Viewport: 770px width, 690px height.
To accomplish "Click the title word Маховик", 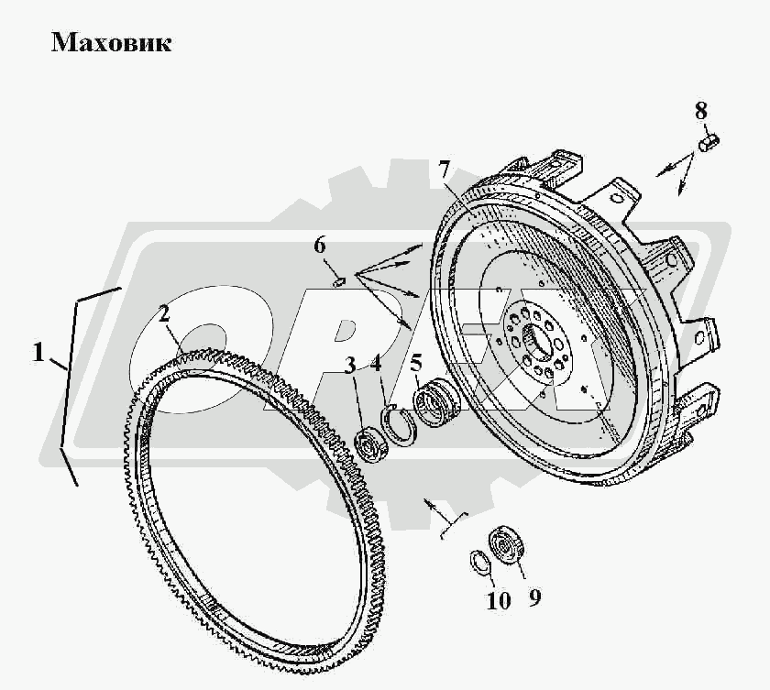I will [111, 42].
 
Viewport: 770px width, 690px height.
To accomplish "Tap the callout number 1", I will [39, 352].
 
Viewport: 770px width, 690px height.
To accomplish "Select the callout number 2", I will [164, 313].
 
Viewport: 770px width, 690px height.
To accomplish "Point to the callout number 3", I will [350, 366].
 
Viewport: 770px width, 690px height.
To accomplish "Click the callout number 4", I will [376, 362].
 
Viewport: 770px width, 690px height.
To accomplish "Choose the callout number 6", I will [319, 245].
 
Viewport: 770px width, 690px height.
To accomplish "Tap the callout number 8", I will [700, 112].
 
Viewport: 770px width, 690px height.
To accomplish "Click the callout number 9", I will [534, 597].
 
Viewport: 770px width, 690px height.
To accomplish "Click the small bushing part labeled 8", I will [710, 143].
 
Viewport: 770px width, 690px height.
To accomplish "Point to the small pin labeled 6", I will [336, 281].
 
